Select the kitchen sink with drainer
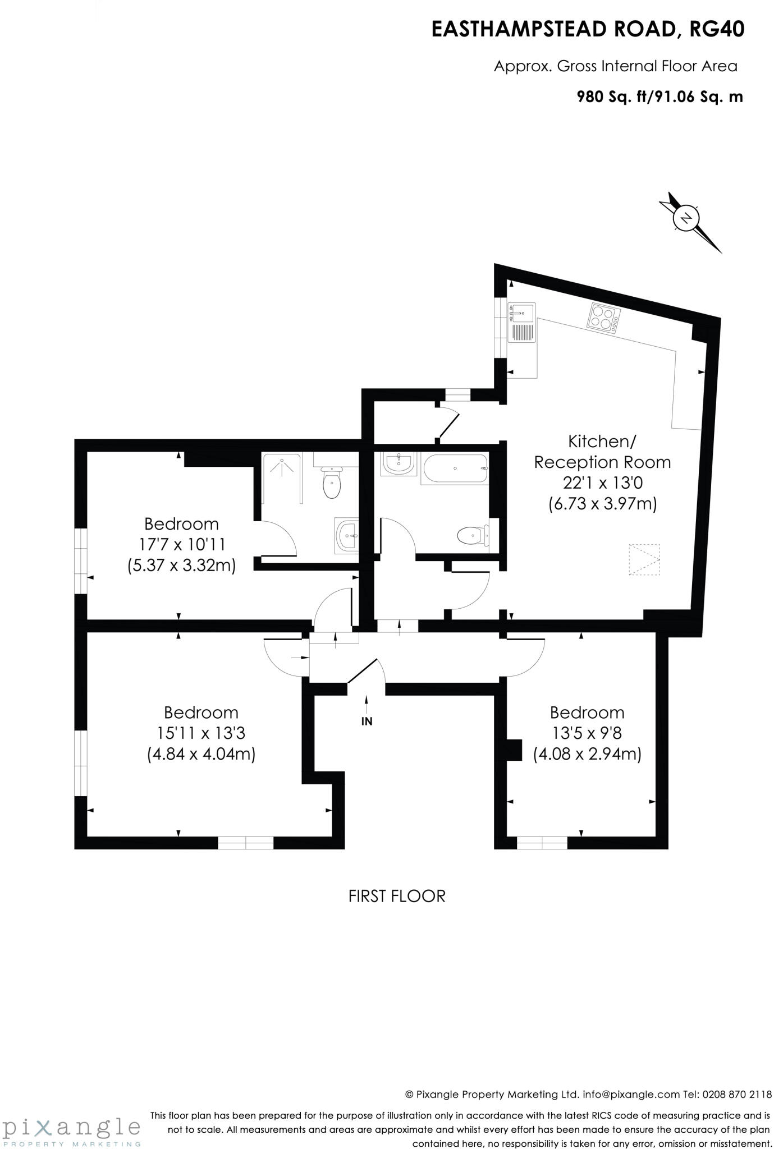(521, 323)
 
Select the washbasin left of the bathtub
(399, 463)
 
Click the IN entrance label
(367, 721)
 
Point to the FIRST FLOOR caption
(397, 896)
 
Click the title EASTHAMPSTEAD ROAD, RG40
(587, 29)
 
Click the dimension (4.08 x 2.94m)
(587, 753)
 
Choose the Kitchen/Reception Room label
(602, 452)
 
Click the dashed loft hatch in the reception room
(644, 559)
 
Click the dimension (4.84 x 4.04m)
(201, 753)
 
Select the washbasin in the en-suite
(347, 535)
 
